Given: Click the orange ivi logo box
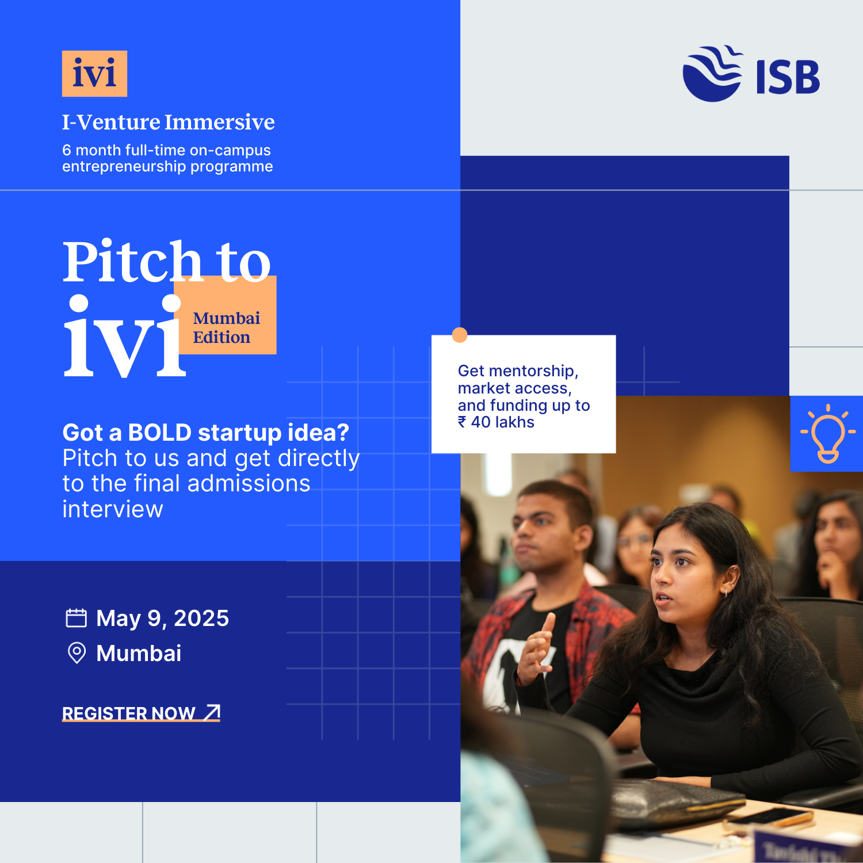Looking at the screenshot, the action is tap(94, 74).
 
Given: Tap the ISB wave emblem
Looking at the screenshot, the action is tap(712, 74).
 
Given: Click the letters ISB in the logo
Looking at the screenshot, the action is tap(788, 77).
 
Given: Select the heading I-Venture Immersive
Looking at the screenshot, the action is tap(168, 122).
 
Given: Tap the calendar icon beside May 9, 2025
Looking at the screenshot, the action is tap(76, 618).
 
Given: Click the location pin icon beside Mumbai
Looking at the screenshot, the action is tap(77, 653).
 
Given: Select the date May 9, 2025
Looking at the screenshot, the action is tap(162, 618).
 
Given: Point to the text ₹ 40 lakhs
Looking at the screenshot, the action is tap(496, 422).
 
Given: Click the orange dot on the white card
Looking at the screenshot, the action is tap(460, 335).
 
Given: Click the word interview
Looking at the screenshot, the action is tap(113, 510).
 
